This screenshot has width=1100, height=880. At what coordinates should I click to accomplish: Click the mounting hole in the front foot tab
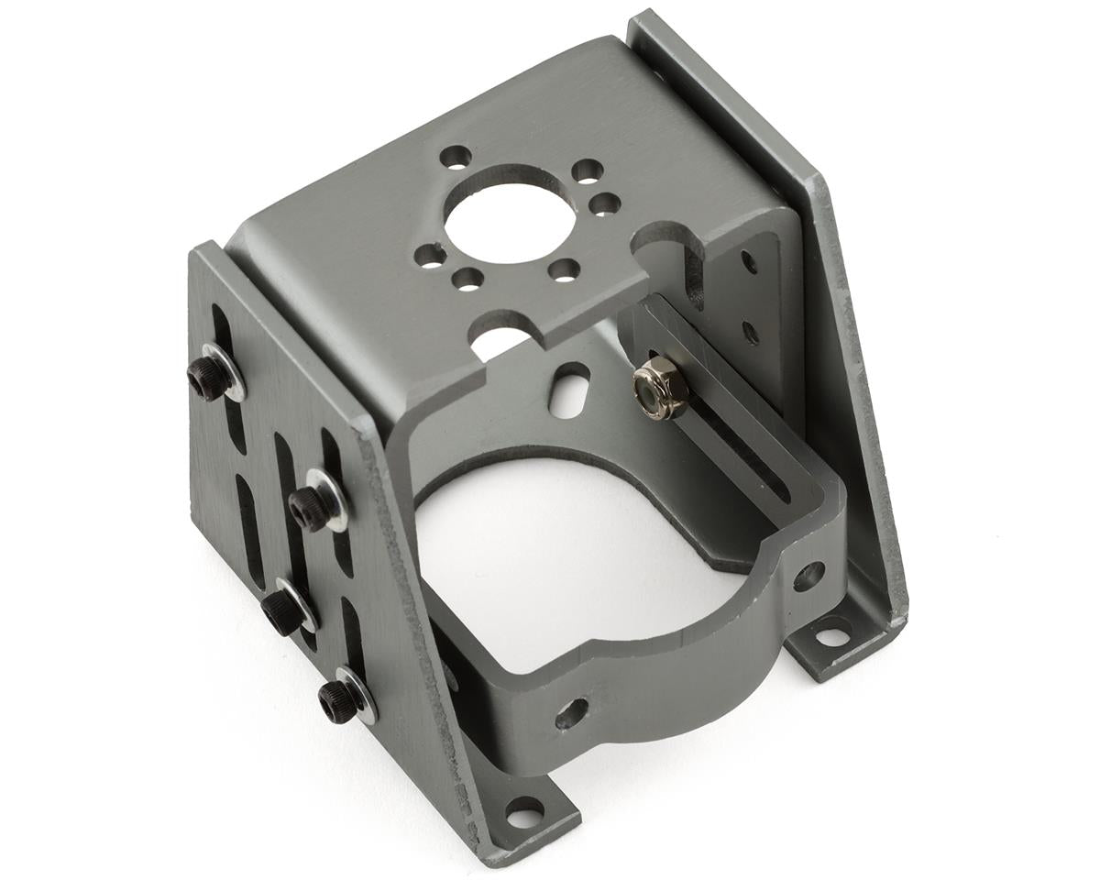[524, 812]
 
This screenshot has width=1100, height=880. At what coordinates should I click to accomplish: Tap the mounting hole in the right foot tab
[832, 633]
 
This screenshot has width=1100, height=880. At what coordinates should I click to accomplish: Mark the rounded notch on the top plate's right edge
[679, 242]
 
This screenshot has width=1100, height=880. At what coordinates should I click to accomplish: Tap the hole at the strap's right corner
[808, 576]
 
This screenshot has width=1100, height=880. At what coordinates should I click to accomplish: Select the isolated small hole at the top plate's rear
[455, 157]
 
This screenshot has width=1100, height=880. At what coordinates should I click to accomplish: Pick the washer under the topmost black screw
[225, 371]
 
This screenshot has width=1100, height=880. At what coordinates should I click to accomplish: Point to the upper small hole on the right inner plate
[750, 264]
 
